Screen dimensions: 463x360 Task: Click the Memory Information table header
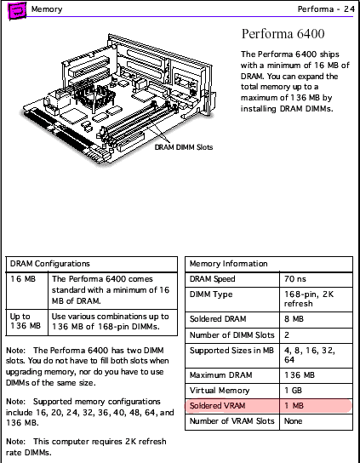(x=230, y=264)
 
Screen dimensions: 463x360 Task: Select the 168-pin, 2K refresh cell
(x=310, y=299)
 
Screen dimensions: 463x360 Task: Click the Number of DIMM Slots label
(x=231, y=334)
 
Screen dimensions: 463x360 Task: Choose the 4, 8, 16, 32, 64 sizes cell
(x=311, y=355)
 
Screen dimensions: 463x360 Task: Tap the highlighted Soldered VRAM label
(x=218, y=406)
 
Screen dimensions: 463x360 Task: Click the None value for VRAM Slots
(x=293, y=420)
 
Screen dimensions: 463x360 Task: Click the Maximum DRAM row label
(x=218, y=375)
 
